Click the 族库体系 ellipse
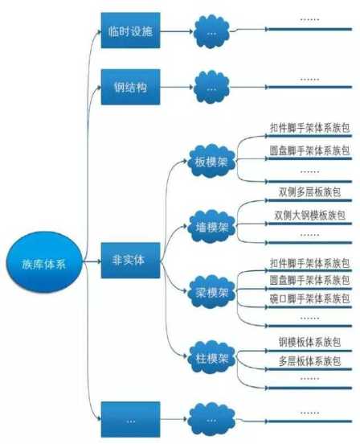click(x=44, y=262)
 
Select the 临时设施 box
click(x=131, y=31)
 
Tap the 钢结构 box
click(x=131, y=87)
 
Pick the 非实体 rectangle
click(x=131, y=261)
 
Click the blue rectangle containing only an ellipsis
click(x=131, y=419)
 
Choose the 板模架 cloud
click(x=211, y=161)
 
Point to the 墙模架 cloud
click(x=211, y=226)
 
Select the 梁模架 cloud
click(x=211, y=292)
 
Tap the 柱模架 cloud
click(x=211, y=358)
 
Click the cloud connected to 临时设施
click(x=211, y=31)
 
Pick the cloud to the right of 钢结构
click(x=211, y=87)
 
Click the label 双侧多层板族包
click(x=309, y=192)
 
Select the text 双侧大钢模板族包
click(x=309, y=216)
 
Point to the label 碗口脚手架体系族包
click(x=309, y=298)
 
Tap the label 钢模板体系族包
click(x=309, y=342)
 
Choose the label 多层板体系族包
click(x=309, y=361)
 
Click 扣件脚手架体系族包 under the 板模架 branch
click(x=309, y=128)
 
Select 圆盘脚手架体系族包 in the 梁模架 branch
click(x=309, y=281)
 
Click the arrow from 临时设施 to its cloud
click(x=177, y=31)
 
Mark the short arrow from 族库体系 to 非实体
click(x=92, y=261)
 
